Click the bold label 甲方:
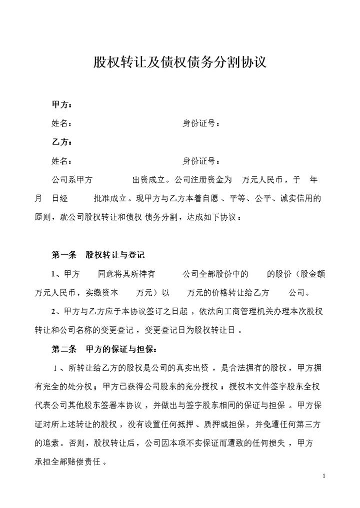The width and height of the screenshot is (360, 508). tap(62, 105)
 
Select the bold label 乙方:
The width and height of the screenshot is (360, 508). tap(62, 142)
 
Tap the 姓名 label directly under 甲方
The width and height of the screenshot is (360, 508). tap(62, 123)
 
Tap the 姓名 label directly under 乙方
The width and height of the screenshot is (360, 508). tap(62, 161)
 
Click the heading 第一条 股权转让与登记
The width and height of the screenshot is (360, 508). tap(98, 255)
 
